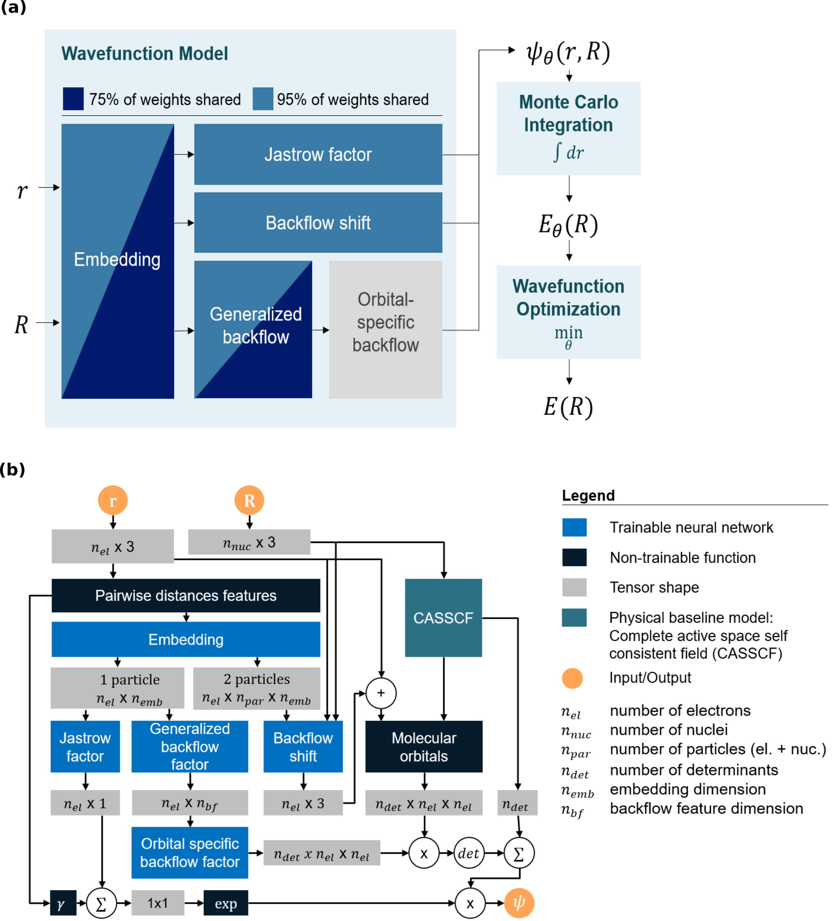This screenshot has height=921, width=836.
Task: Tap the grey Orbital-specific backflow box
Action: (385, 329)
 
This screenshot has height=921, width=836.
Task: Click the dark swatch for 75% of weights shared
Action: (73, 99)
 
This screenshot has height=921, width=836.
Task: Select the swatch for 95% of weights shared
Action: (263, 99)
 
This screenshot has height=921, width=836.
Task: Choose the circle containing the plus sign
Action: (381, 693)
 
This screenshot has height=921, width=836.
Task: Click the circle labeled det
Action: (469, 853)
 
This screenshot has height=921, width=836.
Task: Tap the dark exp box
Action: (226, 903)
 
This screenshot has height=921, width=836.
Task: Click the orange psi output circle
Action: (519, 903)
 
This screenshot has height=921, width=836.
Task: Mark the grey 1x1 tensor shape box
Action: (158, 903)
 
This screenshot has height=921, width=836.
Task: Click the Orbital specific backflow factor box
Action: (190, 852)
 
